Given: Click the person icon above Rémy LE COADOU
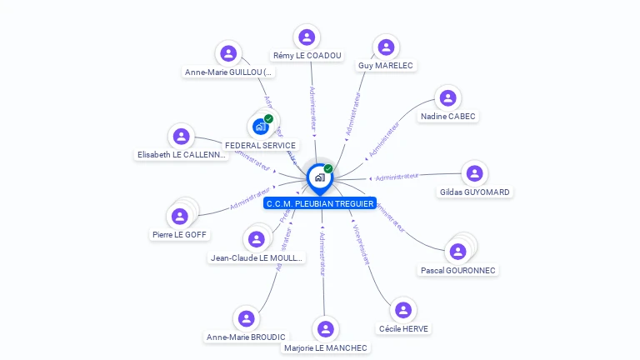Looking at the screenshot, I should coord(307,37).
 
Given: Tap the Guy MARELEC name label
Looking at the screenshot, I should coord(385,65).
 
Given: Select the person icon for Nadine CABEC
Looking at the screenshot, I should coord(448,98).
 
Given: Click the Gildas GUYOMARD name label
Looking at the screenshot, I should coord(474,192).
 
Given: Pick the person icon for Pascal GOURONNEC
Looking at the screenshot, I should coord(457,251).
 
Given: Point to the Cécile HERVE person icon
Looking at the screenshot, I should coord(403,310).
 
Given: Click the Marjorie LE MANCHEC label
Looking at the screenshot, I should coord(325,347).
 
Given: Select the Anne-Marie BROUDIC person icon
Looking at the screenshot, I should coord(246,318).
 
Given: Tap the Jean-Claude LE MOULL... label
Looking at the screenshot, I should coord(257,257).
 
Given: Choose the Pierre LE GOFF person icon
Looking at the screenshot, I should coord(179,217).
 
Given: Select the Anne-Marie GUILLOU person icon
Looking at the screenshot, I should coord(228,53).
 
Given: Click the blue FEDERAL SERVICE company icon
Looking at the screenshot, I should coord(259,127).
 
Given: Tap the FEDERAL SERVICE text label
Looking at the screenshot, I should coord(260,145).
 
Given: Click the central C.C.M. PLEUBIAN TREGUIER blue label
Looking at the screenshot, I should coord(320,203).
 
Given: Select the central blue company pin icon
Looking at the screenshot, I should coord(319,177).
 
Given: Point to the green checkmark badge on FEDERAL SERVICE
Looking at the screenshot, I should coord(268,119).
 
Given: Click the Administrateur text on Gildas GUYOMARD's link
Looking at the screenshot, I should coord(397,177).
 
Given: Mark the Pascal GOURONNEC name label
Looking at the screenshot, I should coord(457,270).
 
